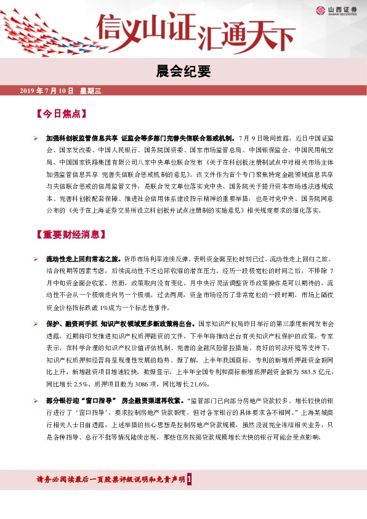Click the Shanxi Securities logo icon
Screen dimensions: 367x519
click(x=320, y=10)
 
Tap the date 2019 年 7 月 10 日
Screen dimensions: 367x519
click(x=46, y=91)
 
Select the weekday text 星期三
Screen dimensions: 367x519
click(x=90, y=91)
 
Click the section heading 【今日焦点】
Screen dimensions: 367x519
click(x=58, y=115)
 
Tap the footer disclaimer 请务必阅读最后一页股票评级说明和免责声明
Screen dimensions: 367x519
click(x=111, y=479)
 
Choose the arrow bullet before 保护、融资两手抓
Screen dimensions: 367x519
click(x=36, y=323)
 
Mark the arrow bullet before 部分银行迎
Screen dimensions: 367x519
click(x=36, y=401)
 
